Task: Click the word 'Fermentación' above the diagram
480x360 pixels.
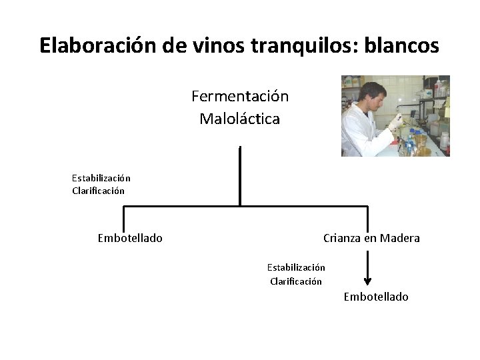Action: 240,97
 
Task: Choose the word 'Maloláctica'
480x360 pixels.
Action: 240,119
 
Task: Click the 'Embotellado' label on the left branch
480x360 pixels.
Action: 130,238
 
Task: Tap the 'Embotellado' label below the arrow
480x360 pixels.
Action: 376,297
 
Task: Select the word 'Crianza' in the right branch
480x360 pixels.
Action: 342,238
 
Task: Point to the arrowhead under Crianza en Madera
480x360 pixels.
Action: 367,281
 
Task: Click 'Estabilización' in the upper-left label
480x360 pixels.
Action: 101,178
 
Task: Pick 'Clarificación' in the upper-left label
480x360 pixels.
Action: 99,191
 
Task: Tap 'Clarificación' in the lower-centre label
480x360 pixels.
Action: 296,281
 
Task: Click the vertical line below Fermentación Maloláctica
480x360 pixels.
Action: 240,173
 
